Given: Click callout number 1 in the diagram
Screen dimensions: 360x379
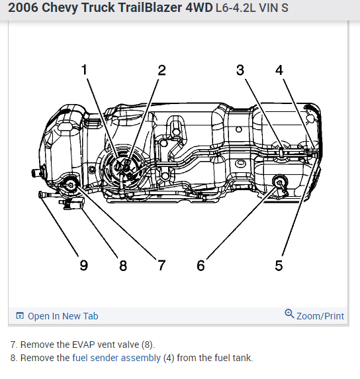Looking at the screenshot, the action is point(84,70).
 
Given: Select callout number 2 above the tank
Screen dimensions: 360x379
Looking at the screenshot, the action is point(161,70).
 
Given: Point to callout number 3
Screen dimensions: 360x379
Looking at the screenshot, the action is point(240,70).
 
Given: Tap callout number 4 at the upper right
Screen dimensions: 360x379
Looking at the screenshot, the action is point(279,70).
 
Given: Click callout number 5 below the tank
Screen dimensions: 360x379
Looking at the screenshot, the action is point(279,266).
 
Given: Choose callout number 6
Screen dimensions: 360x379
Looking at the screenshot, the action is point(201,266).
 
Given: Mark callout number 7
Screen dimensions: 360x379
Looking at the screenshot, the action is point(161,265).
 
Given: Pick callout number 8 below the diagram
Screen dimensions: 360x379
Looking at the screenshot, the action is point(123,266).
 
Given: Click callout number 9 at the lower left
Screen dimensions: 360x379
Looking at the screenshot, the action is point(84,266).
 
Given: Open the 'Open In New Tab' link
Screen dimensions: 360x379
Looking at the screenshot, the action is point(63,316).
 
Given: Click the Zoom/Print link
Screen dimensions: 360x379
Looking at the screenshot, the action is point(320,316).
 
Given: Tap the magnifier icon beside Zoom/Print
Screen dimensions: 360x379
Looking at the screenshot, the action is point(289,314).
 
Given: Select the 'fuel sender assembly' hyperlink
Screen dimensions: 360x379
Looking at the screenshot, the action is point(116,358).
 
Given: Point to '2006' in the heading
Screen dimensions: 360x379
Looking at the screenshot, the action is point(23,7).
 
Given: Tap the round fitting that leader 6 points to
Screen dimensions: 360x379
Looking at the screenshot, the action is point(280,182).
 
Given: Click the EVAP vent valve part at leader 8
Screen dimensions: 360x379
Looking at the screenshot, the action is point(72,203).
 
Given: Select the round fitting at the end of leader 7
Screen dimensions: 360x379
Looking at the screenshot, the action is point(70,185).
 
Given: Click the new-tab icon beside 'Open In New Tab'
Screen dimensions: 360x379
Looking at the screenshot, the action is point(20,315).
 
